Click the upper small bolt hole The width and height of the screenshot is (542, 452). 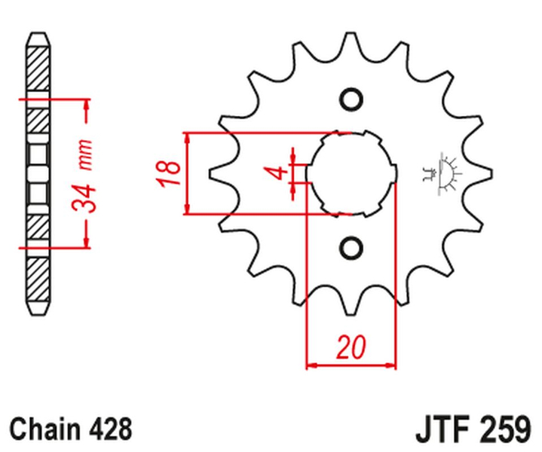(x=351, y=99)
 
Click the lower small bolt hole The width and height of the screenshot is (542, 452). (x=351, y=246)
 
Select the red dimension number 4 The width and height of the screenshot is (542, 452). (x=279, y=173)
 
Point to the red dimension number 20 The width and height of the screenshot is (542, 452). (x=351, y=349)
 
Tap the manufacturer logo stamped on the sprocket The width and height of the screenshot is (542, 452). (x=441, y=173)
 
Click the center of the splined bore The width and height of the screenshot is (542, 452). (x=351, y=173)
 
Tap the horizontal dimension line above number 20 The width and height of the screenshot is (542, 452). (x=351, y=368)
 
